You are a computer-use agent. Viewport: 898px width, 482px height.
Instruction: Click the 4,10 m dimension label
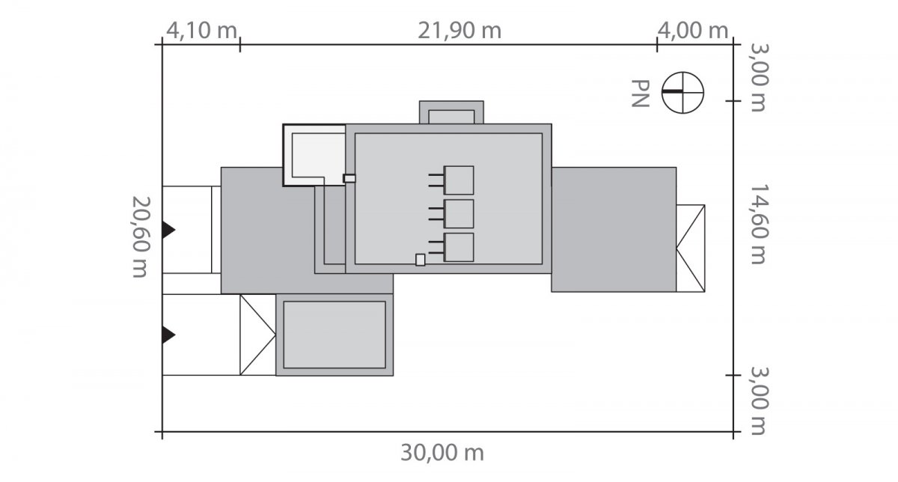[201, 31]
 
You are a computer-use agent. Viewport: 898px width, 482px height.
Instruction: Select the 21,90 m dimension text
[459, 31]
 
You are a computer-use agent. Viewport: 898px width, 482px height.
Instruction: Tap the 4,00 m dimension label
[693, 31]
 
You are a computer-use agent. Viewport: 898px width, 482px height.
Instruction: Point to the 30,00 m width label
[442, 453]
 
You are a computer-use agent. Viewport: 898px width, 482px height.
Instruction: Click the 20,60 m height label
[141, 237]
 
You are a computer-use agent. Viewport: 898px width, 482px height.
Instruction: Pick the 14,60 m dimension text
[759, 224]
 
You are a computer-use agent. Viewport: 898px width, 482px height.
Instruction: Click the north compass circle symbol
[682, 93]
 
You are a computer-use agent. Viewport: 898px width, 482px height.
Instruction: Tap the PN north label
[640, 94]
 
